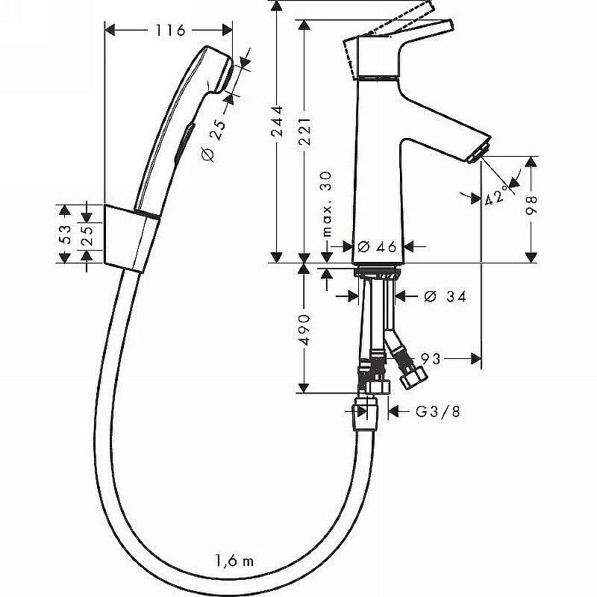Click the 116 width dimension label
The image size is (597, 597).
(170, 31)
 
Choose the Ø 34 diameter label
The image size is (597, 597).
(445, 297)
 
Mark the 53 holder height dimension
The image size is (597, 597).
(65, 234)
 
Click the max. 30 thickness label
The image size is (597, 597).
(326, 201)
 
